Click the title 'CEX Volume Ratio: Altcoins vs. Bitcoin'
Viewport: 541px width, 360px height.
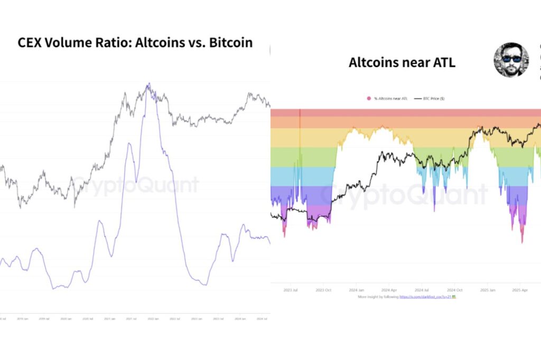pyautogui.click(x=136, y=43)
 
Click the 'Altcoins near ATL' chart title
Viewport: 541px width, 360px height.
pyautogui.click(x=402, y=62)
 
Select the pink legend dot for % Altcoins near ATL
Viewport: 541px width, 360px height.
pyautogui.click(x=368, y=99)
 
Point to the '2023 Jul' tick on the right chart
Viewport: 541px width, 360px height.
pyautogui.click(x=291, y=290)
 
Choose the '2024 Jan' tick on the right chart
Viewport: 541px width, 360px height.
pyautogui.click(x=356, y=290)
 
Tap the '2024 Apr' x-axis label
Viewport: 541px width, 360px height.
pyautogui.click(x=389, y=290)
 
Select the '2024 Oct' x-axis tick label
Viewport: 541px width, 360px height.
pyautogui.click(x=454, y=290)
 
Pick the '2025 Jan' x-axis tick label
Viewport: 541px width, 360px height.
pyautogui.click(x=487, y=290)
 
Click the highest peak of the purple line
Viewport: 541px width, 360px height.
pyautogui.click(x=150, y=83)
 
